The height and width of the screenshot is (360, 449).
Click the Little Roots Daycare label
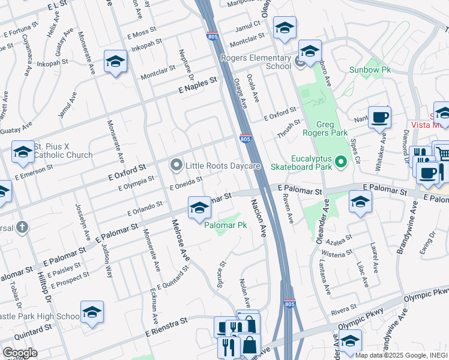click(222, 165)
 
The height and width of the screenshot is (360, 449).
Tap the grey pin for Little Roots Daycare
click(176, 164)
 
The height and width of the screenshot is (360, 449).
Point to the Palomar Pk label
click(226, 226)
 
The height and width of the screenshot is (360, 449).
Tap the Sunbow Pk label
click(370, 70)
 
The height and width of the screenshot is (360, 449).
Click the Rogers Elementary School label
click(256, 62)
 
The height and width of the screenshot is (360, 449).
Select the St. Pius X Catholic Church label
click(63, 151)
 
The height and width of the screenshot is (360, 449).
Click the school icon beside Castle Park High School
click(92, 312)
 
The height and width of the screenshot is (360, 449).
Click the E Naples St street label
click(197, 87)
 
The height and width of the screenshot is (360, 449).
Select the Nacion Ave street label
click(259, 217)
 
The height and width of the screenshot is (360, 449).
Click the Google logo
click(19, 353)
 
